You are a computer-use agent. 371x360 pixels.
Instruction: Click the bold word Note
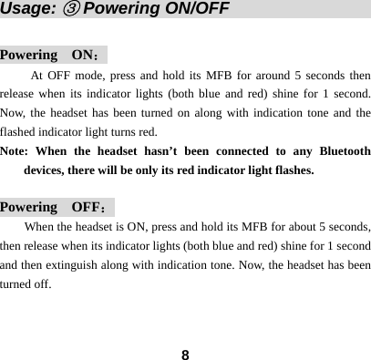coord(15,150)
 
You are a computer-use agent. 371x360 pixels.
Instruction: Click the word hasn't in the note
coord(173,150)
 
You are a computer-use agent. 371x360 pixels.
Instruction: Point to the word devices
coord(46,170)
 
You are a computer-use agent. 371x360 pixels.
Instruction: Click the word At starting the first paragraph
coord(39,75)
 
